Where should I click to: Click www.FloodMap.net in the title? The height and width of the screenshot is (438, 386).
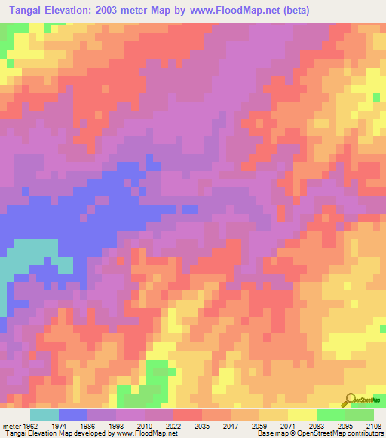(x=235, y=10)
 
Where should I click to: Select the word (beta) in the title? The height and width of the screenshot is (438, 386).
(x=294, y=10)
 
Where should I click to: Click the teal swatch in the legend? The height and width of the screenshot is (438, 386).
(x=44, y=414)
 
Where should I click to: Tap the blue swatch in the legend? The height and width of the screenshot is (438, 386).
(x=73, y=414)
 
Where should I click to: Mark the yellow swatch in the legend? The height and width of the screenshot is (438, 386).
(x=302, y=414)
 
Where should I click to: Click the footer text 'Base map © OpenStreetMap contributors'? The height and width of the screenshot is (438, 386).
(x=320, y=433)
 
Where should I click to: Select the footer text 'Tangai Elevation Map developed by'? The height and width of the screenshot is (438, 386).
(x=54, y=433)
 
